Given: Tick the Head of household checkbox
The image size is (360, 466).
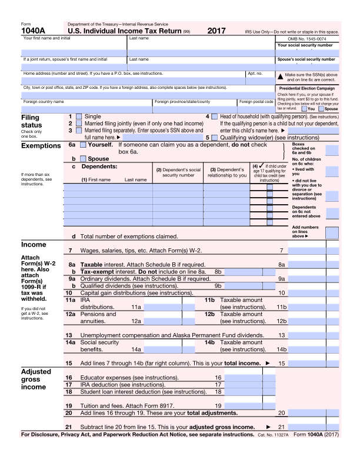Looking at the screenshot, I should [215, 117].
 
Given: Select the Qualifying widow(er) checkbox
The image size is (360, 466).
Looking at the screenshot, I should [215, 137].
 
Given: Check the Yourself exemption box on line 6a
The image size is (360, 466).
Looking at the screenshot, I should [83, 145].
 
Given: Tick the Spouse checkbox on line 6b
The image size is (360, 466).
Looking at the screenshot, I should [83, 158].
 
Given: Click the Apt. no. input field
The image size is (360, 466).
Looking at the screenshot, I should [259, 81].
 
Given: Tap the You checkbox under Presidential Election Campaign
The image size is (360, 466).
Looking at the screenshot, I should [304, 108].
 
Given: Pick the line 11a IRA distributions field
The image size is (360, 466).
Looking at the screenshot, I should [162, 307].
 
